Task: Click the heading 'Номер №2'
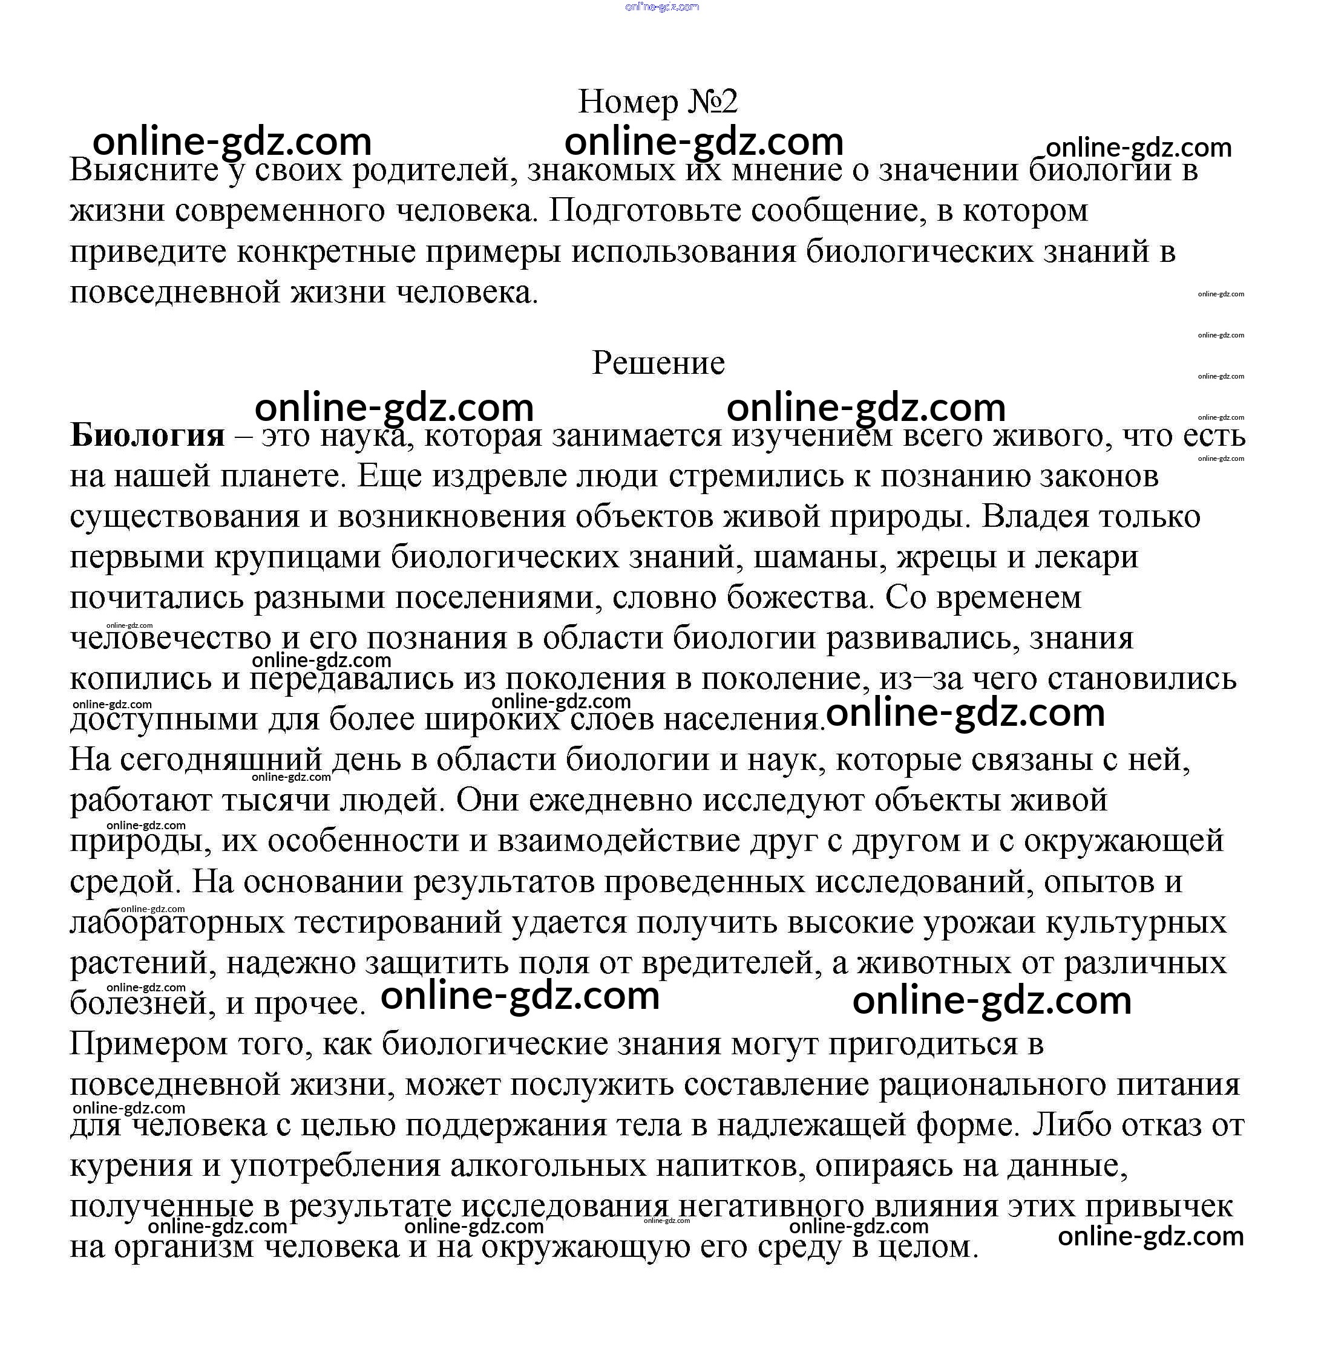coord(657,102)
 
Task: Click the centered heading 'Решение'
coord(658,363)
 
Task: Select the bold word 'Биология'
coord(148,436)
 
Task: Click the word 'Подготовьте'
coord(640,210)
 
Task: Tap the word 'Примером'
coord(148,1044)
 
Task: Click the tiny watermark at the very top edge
coord(662,7)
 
